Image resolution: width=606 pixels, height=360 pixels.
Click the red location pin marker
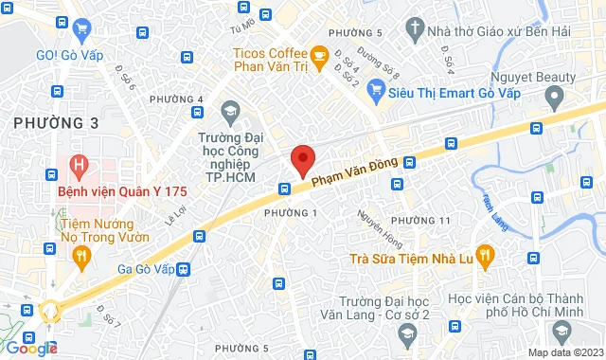[302, 160]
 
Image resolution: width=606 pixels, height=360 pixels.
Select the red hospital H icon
[80, 166]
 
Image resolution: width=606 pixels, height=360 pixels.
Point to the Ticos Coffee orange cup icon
[320, 55]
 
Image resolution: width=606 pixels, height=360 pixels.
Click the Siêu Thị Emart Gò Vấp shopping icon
[377, 92]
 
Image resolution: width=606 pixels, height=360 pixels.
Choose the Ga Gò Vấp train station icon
[183, 269]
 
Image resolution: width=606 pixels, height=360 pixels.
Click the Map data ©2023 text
[564, 352]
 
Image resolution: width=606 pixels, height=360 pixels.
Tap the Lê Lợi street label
[174, 217]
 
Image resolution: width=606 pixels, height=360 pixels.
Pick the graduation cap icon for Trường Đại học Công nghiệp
[229, 114]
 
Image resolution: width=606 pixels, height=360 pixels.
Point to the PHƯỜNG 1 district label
[290, 212]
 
